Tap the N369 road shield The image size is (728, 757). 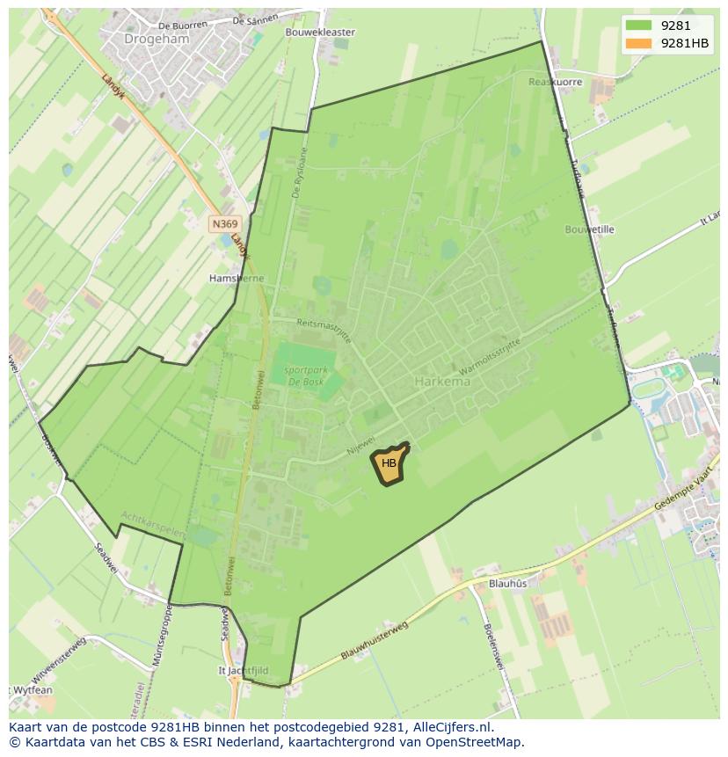coord(224,224)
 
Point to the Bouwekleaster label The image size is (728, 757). coord(320,32)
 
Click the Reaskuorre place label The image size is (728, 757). coord(555,82)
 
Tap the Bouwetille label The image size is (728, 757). coord(589,229)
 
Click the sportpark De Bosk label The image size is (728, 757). coord(305,376)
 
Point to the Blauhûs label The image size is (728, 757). coord(507,583)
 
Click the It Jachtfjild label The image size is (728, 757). coord(244,670)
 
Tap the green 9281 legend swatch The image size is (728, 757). coord(638,25)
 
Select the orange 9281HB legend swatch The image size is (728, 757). coord(638,44)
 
